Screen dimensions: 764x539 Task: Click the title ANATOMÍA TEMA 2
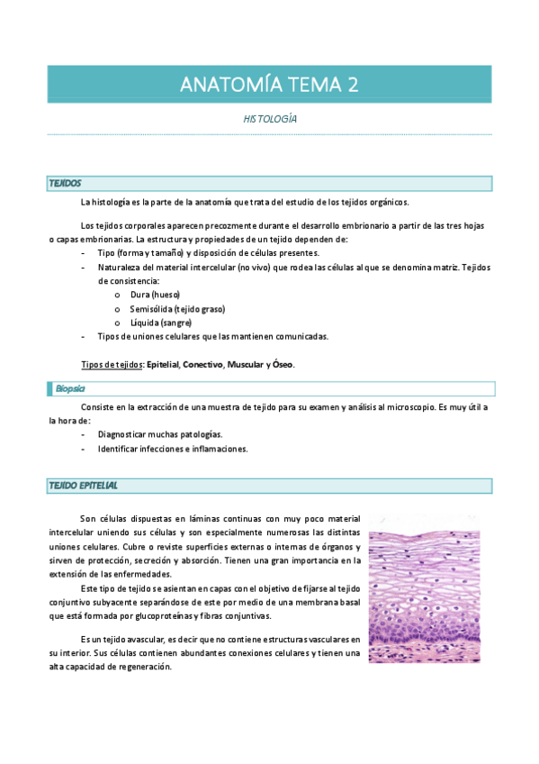tap(269, 85)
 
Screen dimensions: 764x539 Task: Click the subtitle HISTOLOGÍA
tap(270, 119)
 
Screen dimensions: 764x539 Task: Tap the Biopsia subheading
tap(69, 388)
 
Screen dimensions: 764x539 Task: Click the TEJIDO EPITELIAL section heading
tap(83, 486)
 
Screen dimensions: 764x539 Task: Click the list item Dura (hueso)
tap(155, 295)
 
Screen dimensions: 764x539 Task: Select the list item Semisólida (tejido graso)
tap(176, 309)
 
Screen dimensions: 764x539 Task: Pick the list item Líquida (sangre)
tap(160, 323)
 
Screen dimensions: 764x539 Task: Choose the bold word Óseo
tap(283, 364)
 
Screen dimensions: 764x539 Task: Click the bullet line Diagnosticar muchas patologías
tap(160, 434)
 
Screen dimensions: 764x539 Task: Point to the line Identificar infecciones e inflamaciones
tap(173, 449)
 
